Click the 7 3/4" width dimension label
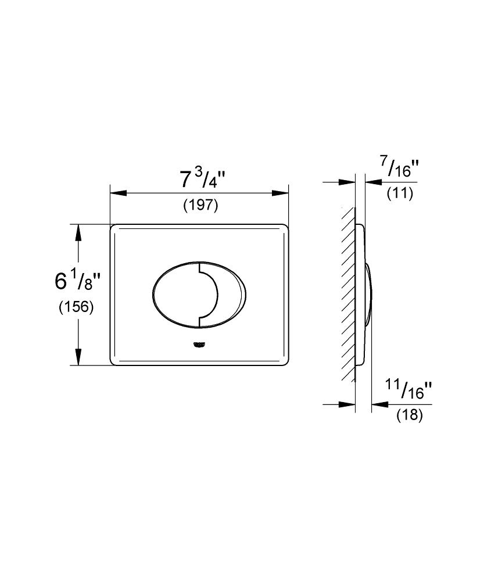pyautogui.click(x=202, y=180)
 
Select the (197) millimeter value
pyautogui.click(x=200, y=205)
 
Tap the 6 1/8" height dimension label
pyautogui.click(x=77, y=281)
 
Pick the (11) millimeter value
pyautogui.click(x=400, y=193)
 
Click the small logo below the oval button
pyautogui.click(x=199, y=345)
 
